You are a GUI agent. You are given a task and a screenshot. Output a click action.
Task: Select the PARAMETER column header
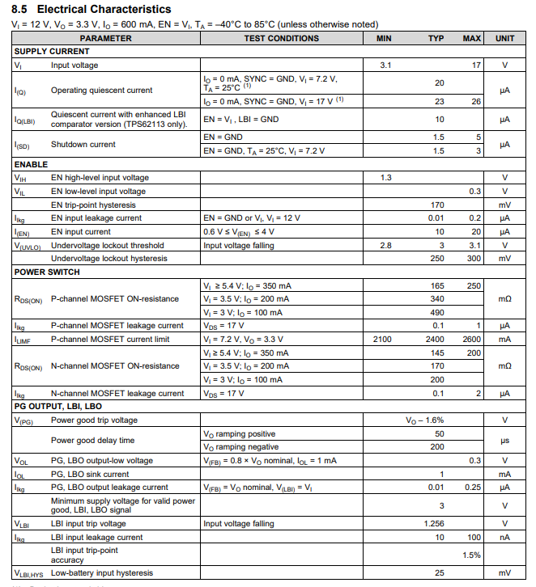point(105,38)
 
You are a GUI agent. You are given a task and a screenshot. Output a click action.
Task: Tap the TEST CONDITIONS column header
point(281,38)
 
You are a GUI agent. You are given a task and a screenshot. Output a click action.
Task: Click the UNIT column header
point(504,38)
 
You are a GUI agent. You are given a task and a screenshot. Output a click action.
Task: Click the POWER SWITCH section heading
point(46,272)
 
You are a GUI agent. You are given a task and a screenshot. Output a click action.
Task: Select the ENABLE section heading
point(30,164)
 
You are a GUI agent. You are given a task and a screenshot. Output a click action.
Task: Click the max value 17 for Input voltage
point(476,65)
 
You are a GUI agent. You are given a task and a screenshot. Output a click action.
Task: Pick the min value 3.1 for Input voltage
point(385,65)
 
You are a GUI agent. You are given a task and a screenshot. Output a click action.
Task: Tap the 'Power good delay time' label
point(92,440)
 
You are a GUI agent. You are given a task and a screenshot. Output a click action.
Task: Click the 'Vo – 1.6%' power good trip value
point(425,420)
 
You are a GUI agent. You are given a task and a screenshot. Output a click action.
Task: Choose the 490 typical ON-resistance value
point(437,312)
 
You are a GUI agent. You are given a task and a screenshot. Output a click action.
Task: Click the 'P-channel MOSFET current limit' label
point(110,340)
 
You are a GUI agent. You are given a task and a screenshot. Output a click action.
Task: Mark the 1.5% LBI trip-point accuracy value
point(471,555)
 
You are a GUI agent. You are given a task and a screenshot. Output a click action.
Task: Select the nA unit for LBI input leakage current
point(504,537)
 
